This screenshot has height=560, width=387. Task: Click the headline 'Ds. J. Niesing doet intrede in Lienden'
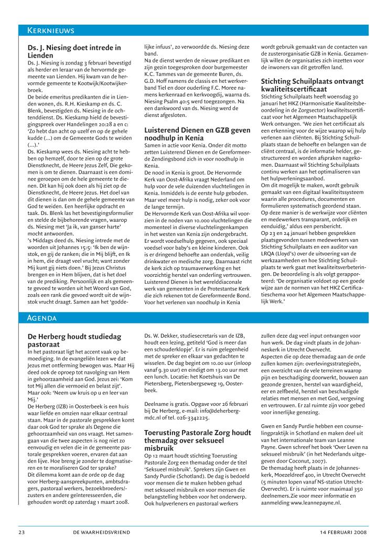[74, 51]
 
